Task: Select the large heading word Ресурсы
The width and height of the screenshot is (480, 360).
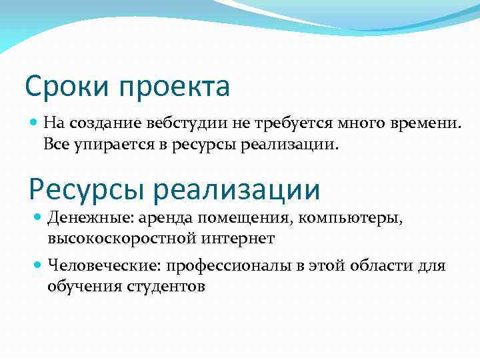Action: (87, 189)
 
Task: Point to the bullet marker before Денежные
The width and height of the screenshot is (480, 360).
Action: (38, 217)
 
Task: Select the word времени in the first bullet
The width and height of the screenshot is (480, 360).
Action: (424, 123)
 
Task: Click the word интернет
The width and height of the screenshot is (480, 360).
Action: (233, 238)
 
